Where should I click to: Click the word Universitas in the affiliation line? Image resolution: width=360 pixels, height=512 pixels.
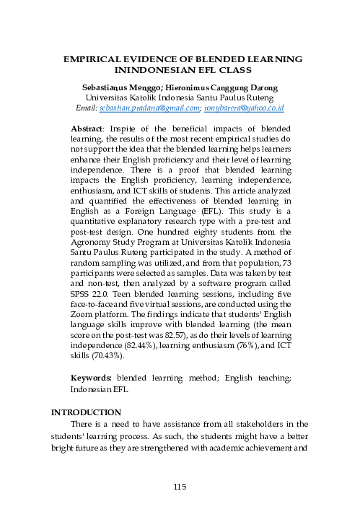coord(108,97)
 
